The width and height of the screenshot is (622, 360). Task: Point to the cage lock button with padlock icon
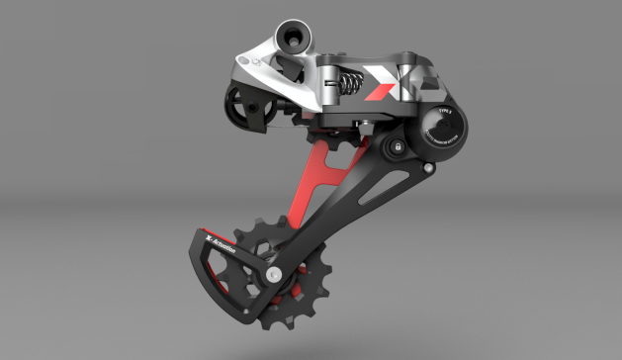coord(397,146)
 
